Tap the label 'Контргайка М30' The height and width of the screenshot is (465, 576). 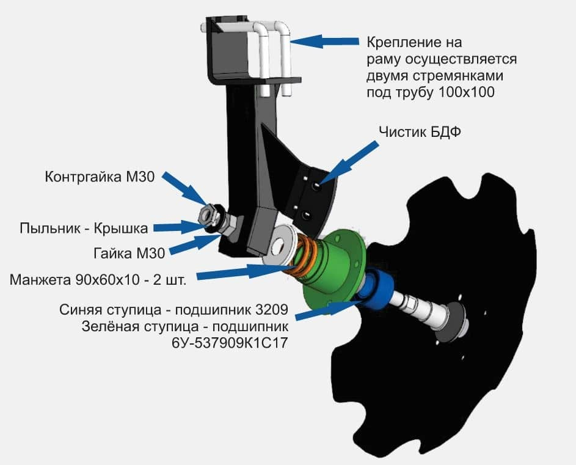pyautogui.click(x=100, y=177)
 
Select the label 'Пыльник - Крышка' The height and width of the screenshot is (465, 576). pyautogui.click(x=84, y=229)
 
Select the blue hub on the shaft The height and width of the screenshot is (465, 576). pyautogui.click(x=376, y=287)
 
